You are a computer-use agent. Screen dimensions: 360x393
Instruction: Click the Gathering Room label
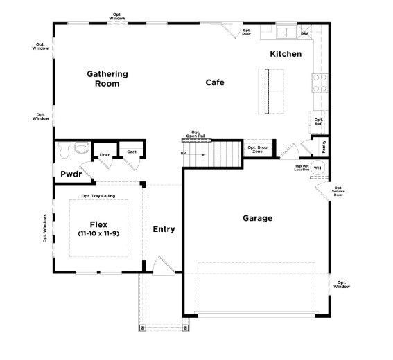pyautogui.click(x=107, y=78)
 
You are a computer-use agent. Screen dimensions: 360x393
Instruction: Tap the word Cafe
pyautogui.click(x=215, y=82)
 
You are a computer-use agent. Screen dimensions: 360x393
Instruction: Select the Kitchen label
pyautogui.click(x=286, y=53)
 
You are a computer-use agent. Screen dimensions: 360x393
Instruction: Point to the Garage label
pyautogui.click(x=257, y=218)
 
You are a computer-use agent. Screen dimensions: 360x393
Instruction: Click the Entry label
pyautogui.click(x=164, y=229)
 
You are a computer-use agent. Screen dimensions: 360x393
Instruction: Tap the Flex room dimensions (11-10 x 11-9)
pyautogui.click(x=98, y=235)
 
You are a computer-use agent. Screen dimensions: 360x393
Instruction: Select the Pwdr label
pyautogui.click(x=71, y=174)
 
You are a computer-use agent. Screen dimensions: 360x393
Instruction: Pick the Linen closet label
pyautogui.click(x=105, y=155)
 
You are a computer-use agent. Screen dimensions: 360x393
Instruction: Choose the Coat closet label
pyautogui.click(x=131, y=152)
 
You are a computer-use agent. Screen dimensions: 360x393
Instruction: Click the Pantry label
pyautogui.click(x=324, y=147)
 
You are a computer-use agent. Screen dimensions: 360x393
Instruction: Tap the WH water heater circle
pyautogui.click(x=318, y=168)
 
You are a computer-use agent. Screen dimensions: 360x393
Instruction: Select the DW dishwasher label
pyautogui.click(x=304, y=33)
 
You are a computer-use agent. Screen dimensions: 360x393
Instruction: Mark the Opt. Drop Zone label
pyautogui.click(x=256, y=150)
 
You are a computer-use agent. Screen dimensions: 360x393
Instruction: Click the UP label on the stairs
pyautogui.click(x=184, y=153)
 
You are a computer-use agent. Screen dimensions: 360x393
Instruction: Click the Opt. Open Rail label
pyautogui.click(x=195, y=134)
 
